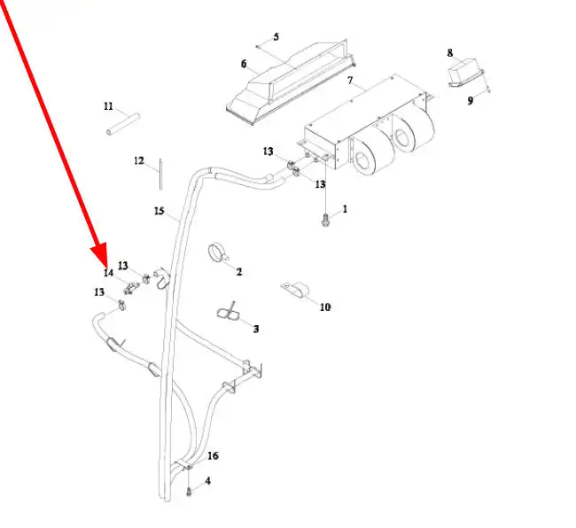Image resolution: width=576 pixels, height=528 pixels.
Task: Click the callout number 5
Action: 276,36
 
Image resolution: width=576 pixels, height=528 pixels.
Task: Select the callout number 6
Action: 243,64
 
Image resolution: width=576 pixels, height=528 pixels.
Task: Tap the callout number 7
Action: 350,81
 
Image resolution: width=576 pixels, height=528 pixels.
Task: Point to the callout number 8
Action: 449,53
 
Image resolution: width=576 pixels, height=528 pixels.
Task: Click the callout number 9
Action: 471,101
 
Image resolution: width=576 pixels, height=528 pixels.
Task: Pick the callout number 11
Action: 108,106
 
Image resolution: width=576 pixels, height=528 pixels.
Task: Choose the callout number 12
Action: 138,160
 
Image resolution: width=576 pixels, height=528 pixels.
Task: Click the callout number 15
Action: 159,211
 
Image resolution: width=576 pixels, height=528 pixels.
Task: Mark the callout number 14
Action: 108,273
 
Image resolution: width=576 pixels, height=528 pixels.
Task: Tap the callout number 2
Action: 239,271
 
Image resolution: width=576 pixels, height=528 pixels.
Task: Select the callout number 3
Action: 256,329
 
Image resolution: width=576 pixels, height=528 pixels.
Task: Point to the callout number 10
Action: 324,307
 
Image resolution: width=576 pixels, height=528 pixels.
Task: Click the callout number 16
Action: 213,456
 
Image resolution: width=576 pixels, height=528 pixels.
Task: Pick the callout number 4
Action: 208,481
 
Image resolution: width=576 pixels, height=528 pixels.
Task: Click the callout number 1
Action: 345,209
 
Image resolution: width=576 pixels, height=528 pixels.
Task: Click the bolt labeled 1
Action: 327,217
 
